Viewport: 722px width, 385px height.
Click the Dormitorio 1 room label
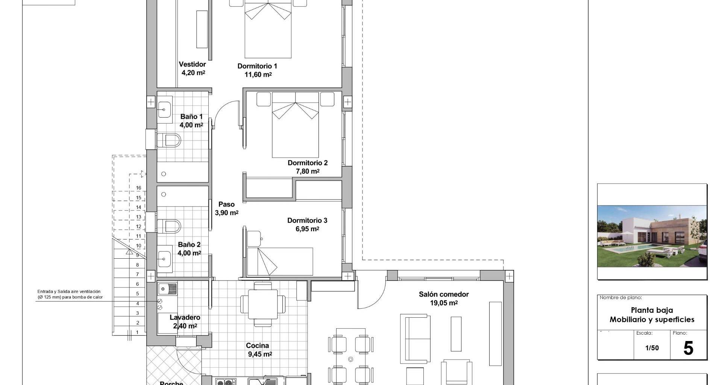point(257,66)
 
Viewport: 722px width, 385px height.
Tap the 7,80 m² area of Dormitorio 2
point(308,171)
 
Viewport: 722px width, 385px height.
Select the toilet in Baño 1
point(169,141)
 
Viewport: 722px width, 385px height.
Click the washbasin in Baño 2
point(164,258)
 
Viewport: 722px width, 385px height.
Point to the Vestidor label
point(192,64)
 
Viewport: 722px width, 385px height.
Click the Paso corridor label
point(226,205)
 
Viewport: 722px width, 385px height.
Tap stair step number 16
point(138,188)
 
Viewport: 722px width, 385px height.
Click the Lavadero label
point(185,318)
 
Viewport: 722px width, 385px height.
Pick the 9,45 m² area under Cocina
point(260,354)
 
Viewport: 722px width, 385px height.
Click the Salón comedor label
point(444,294)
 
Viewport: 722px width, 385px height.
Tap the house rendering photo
point(652,236)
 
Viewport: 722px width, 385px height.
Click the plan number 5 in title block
point(688,349)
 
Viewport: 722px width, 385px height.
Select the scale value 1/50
point(652,348)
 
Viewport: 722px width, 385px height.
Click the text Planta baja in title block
point(652,310)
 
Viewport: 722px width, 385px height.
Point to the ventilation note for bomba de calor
point(70,294)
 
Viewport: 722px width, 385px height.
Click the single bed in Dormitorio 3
point(280,261)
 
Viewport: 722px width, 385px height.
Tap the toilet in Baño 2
point(169,226)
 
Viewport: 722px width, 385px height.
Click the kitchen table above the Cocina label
point(263,304)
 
